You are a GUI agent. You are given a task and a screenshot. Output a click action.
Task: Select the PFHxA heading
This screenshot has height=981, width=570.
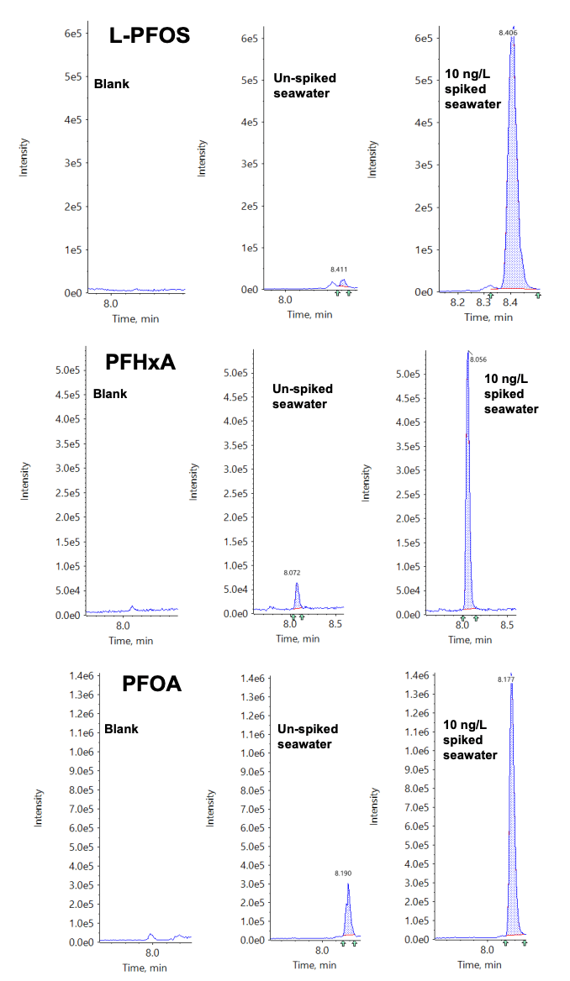[146, 363]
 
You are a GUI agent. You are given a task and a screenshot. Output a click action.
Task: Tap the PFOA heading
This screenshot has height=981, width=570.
[151, 684]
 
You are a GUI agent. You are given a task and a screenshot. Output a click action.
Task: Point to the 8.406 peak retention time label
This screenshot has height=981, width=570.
[508, 32]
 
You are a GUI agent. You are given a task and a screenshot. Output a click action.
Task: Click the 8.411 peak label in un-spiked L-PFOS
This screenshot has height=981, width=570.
[340, 270]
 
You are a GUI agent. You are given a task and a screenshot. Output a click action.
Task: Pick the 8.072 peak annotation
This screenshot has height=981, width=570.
[292, 573]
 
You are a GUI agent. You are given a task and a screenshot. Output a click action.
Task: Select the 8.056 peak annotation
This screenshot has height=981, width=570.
[478, 359]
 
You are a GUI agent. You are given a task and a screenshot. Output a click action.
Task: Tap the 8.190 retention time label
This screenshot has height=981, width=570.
[343, 873]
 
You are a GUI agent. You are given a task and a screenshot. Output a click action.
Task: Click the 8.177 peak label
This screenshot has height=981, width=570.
[505, 679]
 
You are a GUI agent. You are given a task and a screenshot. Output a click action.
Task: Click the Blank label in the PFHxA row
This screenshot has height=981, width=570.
[110, 393]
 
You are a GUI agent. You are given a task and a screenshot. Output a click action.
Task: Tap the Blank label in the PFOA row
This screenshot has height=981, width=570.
[121, 729]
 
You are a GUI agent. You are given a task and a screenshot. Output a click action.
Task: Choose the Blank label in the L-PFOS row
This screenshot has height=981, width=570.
[111, 84]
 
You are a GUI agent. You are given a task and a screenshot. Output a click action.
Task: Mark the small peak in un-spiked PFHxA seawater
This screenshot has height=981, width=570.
[297, 585]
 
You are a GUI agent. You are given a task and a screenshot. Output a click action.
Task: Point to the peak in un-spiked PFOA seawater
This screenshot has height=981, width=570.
[348, 884]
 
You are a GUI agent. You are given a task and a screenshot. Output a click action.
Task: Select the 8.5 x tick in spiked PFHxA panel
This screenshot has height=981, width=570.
[507, 627]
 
